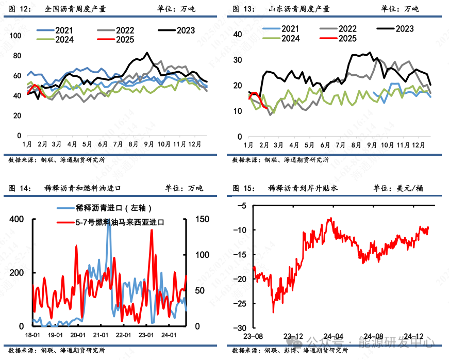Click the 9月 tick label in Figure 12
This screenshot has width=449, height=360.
(x=149, y=144)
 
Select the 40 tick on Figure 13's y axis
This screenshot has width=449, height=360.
(x=238, y=35)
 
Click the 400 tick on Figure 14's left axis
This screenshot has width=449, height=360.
(x=16, y=219)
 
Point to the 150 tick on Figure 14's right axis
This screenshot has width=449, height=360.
(x=202, y=219)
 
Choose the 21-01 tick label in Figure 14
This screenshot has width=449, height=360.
(x=101, y=335)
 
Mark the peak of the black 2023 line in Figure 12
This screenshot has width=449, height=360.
(x=147, y=53)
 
